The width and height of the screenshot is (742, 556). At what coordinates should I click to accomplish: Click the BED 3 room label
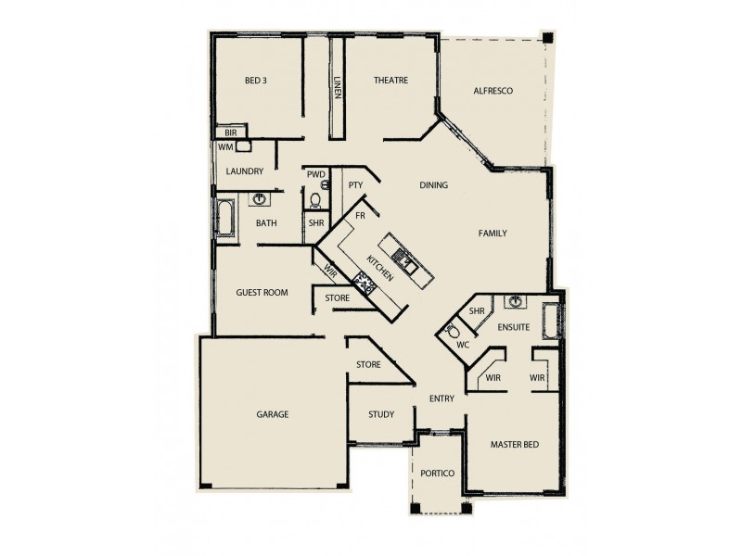point(256,81)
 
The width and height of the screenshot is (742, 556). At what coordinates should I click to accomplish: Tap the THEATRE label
point(390,81)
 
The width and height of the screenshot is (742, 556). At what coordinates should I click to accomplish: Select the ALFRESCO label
point(493,91)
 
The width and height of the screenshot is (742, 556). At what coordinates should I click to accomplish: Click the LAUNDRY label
point(245,171)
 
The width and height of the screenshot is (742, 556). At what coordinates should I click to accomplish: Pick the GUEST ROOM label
point(262,292)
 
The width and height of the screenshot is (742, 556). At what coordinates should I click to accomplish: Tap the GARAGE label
point(273,414)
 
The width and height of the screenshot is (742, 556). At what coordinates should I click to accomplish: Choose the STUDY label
point(380,414)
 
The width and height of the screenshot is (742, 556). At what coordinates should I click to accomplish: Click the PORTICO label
point(436,474)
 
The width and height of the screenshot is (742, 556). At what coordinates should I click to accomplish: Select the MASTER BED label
point(514,445)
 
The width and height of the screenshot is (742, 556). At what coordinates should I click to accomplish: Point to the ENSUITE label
point(513,327)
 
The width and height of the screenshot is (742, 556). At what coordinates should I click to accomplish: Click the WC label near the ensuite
point(464,345)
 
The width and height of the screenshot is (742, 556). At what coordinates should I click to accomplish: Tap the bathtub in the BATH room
point(225,219)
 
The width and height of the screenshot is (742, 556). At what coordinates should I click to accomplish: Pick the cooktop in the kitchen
point(366,282)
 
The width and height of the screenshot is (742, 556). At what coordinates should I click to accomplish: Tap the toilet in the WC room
point(452,329)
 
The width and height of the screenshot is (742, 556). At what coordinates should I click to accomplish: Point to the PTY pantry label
point(354,185)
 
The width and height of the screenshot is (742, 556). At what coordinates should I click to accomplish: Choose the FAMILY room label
point(493,233)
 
